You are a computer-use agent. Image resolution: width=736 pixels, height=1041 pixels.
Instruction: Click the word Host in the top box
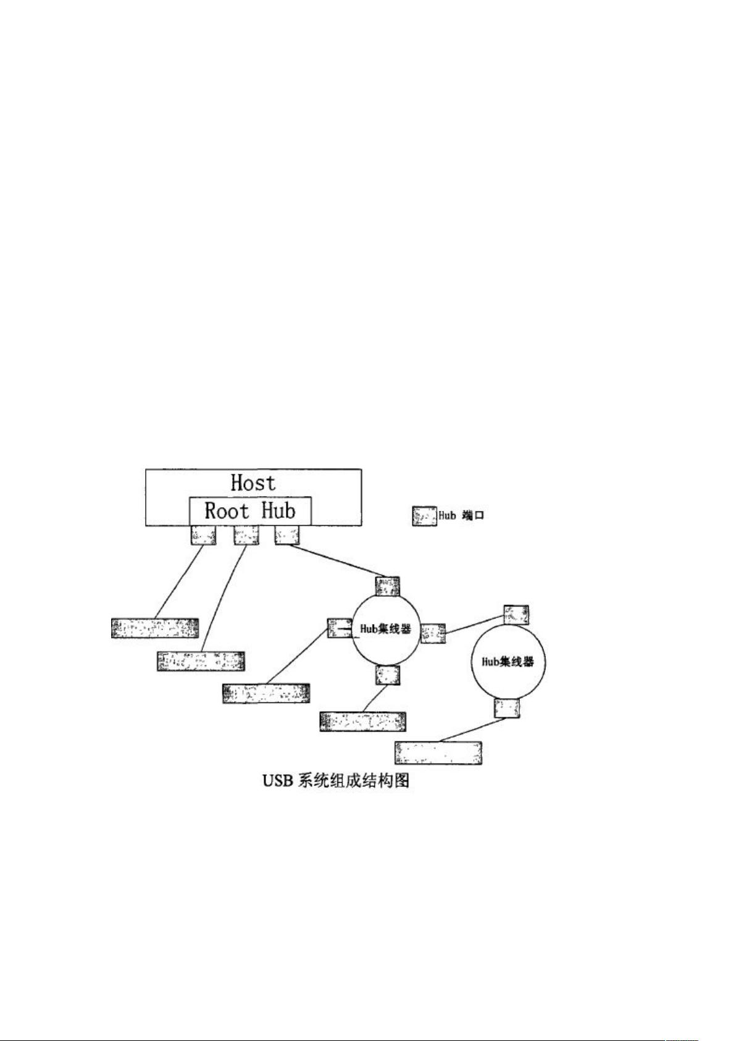coord(253,483)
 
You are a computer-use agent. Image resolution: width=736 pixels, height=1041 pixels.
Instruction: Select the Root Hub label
coord(250,511)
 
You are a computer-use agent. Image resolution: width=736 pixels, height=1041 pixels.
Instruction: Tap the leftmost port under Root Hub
coord(204,534)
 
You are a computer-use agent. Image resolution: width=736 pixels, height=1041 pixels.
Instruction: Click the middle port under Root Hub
coord(246,534)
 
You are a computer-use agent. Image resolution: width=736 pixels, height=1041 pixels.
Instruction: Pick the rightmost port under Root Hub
coord(287,534)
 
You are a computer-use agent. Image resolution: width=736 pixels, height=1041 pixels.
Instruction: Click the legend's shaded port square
coord(424,516)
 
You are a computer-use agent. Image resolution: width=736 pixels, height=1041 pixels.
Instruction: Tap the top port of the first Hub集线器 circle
coord(388,586)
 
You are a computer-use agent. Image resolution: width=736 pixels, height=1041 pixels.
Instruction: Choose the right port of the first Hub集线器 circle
coord(433,633)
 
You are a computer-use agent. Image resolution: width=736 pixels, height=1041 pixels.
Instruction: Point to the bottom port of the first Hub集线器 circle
coord(388,675)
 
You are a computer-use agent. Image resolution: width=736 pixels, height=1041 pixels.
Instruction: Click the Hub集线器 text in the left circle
coord(385,630)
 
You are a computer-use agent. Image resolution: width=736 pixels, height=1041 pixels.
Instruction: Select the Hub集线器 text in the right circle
coord(507,661)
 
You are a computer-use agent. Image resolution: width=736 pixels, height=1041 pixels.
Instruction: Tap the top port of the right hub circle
coord(516,614)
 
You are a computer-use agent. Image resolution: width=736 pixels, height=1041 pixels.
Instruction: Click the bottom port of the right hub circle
coord(507,707)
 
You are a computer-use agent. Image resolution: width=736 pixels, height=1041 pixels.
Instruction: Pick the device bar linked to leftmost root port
coord(155,627)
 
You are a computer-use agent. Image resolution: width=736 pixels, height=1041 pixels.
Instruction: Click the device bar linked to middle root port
coord(201,660)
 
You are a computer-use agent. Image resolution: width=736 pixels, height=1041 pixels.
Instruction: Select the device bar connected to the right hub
coord(438,752)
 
